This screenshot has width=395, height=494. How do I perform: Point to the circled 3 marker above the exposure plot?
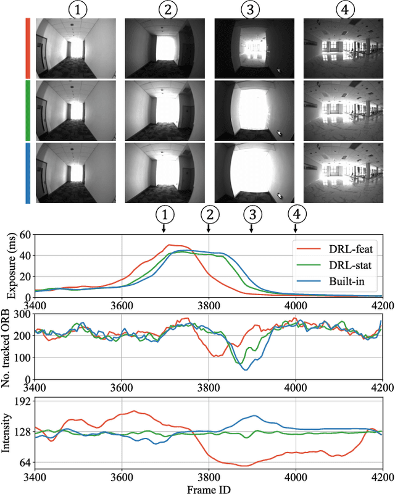[251, 214]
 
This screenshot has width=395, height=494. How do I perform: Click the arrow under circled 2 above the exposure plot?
[209, 228]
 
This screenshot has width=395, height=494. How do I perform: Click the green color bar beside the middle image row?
[28, 110]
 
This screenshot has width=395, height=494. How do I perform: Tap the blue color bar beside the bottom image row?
[28, 172]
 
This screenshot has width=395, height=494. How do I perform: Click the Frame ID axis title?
[208, 488]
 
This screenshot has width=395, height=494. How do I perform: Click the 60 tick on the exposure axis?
[25, 235]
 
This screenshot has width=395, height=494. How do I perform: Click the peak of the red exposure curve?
[170, 245]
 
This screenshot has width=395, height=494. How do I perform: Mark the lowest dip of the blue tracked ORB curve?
[246, 369]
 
